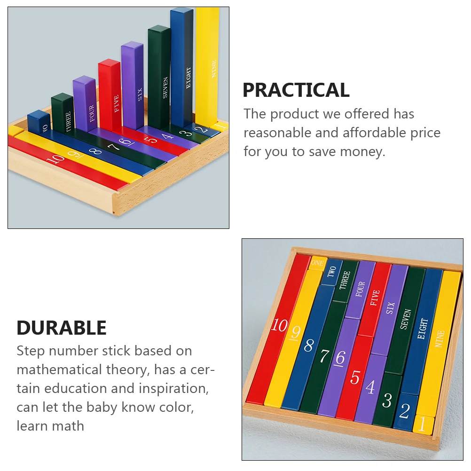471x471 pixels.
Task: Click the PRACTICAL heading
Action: click(x=296, y=90)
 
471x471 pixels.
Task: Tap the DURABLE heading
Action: click(x=62, y=328)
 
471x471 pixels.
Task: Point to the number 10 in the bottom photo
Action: click(x=279, y=325)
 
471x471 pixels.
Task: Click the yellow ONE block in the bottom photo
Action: click(x=317, y=263)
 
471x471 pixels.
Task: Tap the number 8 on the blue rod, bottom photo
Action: click(x=309, y=345)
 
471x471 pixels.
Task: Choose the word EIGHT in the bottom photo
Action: click(x=422, y=329)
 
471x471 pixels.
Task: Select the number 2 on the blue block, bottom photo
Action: click(x=404, y=410)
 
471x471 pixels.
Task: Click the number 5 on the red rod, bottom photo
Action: click(x=355, y=377)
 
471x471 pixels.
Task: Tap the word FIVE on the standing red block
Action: click(x=117, y=103)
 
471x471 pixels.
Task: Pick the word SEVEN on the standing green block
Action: click(x=165, y=87)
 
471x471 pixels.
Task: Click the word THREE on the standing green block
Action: click(x=68, y=121)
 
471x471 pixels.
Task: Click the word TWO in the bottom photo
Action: click(x=331, y=271)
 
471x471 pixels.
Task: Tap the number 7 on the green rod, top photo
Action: click(x=114, y=147)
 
